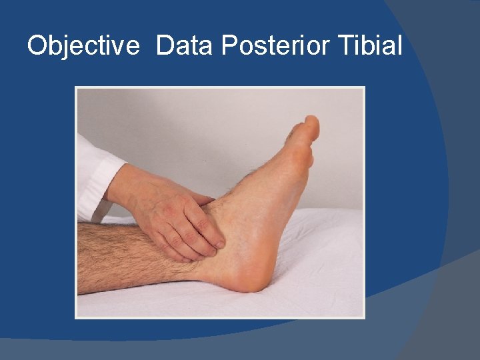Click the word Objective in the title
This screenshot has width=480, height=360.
[83, 46]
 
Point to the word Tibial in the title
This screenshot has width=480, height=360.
[371, 46]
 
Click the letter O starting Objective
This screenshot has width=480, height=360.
[37, 46]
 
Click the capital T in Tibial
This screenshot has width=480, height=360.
[346, 46]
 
